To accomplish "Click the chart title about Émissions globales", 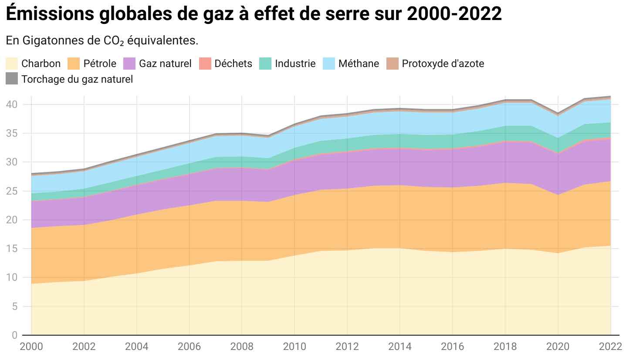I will point(254,15).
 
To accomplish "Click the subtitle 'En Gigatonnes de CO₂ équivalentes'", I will point(102,41).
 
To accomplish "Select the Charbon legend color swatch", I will point(12,64).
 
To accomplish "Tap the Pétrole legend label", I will point(100,64).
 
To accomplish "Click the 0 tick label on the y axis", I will point(15,335).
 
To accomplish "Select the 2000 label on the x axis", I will point(31,347).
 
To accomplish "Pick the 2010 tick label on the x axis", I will point(295,347).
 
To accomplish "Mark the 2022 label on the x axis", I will point(610,347).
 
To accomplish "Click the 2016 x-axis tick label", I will point(453,347).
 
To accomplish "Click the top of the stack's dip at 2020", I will point(558,113).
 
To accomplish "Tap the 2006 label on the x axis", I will point(190,347).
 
